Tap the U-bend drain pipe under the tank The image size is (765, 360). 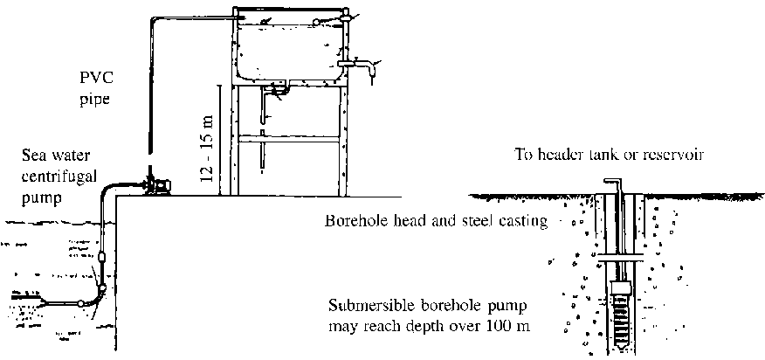[x=279, y=89]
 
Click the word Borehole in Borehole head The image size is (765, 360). [x=355, y=221]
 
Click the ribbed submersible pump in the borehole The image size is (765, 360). [x=622, y=315]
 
